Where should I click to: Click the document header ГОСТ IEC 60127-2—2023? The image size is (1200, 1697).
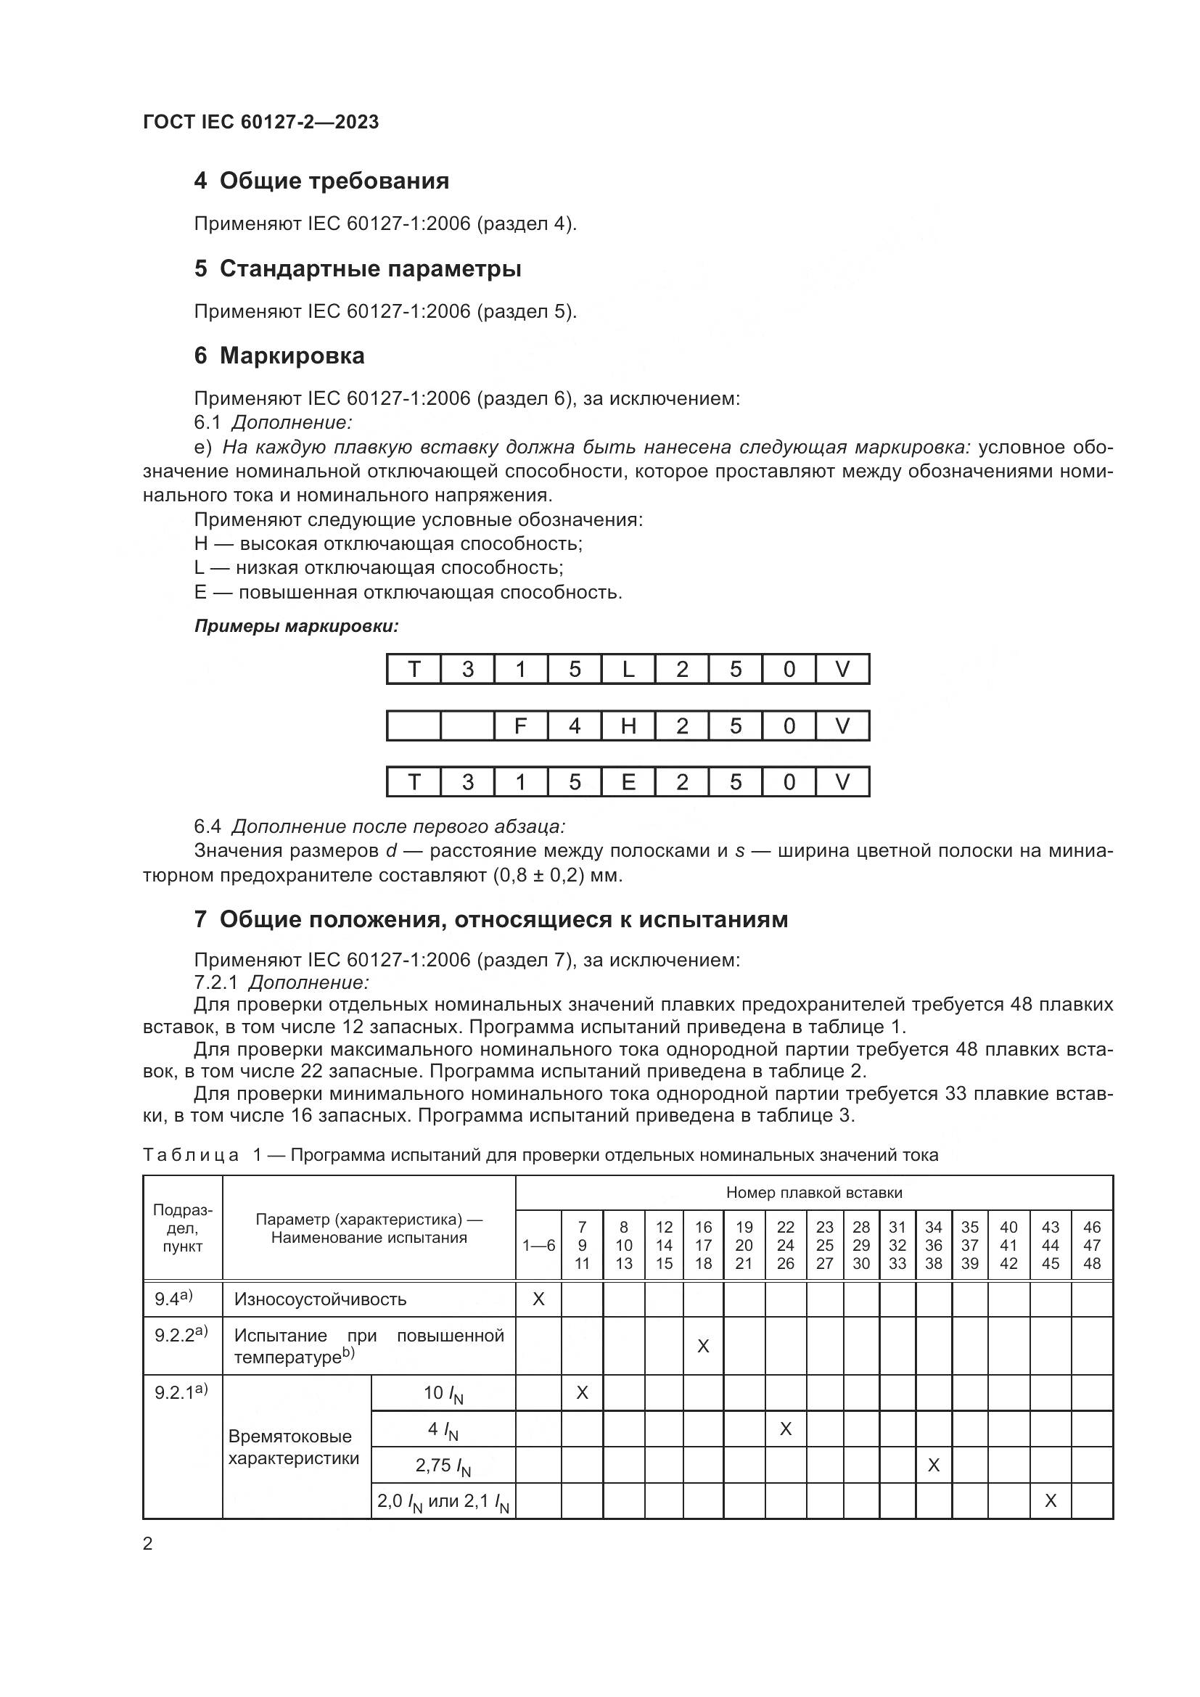[260, 122]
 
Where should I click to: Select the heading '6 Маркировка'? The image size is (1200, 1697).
[279, 356]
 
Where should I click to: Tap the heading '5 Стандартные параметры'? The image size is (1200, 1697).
[358, 268]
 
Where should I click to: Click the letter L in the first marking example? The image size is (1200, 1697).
[628, 670]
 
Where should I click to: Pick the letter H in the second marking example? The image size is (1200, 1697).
[628, 726]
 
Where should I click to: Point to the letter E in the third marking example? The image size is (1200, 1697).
[628, 782]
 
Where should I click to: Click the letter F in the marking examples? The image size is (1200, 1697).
[520, 726]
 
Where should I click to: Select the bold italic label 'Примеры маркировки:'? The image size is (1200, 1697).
[296, 627]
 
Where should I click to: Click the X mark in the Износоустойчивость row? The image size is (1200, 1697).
[538, 1299]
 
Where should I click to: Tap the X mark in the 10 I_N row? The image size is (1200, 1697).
[583, 1392]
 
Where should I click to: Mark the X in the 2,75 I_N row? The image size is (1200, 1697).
[933, 1465]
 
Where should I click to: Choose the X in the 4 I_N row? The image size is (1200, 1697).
[786, 1429]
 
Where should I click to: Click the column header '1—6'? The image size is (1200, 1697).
[538, 1246]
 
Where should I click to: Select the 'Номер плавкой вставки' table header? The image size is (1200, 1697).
[813, 1192]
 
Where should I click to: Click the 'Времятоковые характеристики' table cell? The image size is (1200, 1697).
[294, 1447]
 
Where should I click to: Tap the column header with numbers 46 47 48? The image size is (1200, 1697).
[1091, 1246]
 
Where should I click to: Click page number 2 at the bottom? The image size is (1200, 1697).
[148, 1543]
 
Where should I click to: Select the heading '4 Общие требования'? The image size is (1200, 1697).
[321, 181]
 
